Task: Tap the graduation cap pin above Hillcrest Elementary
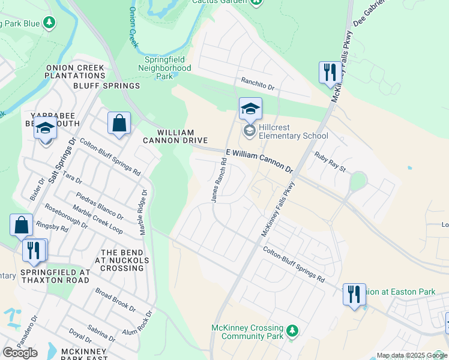[x=250, y=109]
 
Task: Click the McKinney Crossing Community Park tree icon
[x=292, y=331]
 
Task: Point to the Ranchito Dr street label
[x=257, y=83]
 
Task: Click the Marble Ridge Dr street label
[x=144, y=213]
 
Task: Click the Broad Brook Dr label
[x=115, y=298]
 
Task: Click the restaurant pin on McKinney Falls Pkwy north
[x=330, y=73]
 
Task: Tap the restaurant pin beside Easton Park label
[x=354, y=294]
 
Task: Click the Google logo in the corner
[x=20, y=352]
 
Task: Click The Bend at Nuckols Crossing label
[x=122, y=260]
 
